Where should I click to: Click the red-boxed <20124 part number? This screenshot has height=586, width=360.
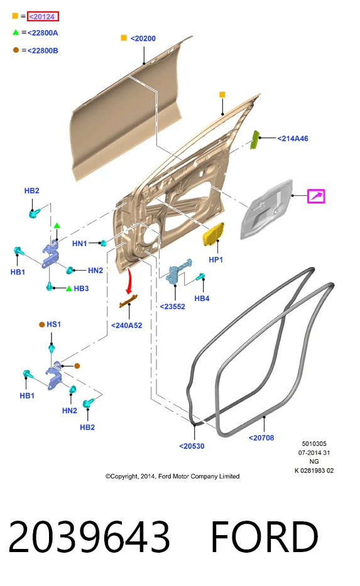click(43, 16)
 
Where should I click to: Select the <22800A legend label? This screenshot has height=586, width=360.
click(43, 33)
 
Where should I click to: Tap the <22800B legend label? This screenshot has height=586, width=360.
click(43, 50)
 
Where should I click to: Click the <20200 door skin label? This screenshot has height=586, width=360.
click(143, 38)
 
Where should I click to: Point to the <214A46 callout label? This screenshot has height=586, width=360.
click(293, 138)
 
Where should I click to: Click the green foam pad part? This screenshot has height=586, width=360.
click(255, 139)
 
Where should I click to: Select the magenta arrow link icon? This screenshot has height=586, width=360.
click(316, 196)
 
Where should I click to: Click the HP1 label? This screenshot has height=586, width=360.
click(215, 259)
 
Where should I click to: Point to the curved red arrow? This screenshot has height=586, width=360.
click(129, 281)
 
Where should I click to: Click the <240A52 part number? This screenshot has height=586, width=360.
click(127, 325)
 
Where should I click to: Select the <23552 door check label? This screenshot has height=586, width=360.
click(172, 307)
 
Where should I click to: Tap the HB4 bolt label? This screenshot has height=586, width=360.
click(202, 298)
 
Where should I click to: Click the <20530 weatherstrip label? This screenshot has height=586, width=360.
click(192, 446)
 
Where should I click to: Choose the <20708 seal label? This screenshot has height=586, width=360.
click(261, 438)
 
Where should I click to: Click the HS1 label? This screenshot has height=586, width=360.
click(54, 324)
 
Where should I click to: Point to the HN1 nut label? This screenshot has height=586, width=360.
click(80, 243)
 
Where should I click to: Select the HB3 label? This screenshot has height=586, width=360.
click(81, 288)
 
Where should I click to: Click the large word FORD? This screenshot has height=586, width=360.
click(265, 536)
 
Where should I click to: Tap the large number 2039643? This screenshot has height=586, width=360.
click(89, 536)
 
